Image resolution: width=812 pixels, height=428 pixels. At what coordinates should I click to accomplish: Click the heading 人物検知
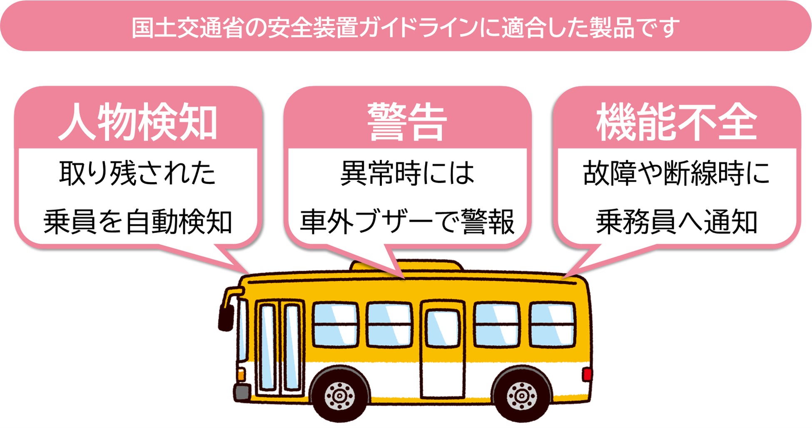(x=138, y=121)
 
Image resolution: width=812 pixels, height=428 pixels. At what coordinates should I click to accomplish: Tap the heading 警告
(x=407, y=121)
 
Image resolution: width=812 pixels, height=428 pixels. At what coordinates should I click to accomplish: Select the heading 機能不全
(x=676, y=121)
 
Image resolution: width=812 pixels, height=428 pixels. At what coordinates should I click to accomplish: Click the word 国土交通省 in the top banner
(x=187, y=27)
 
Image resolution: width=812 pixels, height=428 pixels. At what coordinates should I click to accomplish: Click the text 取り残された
(x=138, y=173)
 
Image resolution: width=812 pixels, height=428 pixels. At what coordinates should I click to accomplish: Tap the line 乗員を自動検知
(x=138, y=222)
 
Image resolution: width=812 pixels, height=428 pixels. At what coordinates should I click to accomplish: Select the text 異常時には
(x=407, y=173)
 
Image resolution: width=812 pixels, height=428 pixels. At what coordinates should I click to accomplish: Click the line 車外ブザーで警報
(x=407, y=222)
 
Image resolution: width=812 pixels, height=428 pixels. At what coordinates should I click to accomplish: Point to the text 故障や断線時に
(x=676, y=173)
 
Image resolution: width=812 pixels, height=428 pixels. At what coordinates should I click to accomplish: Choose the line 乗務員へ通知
(x=676, y=222)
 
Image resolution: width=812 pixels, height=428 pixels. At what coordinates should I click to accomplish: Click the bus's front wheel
(x=340, y=394)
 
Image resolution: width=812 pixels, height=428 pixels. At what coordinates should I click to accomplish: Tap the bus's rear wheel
(x=522, y=394)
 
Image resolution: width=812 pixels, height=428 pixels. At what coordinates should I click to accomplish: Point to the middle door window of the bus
(x=442, y=329)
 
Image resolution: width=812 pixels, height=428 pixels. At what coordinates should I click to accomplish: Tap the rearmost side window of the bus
(x=553, y=324)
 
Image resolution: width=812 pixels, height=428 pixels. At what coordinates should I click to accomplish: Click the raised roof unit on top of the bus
(x=406, y=265)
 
